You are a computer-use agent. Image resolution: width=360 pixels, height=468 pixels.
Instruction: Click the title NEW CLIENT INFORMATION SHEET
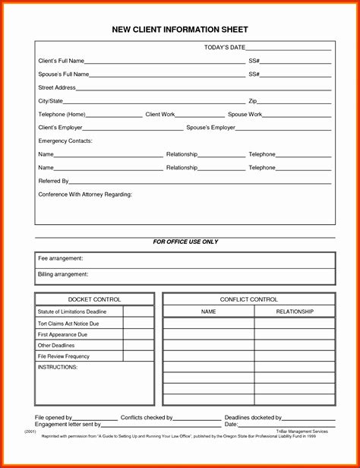point(180,30)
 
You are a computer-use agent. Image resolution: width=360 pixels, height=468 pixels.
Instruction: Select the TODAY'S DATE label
point(225,48)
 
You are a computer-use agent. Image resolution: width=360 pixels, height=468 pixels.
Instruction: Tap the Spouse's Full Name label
point(64,74)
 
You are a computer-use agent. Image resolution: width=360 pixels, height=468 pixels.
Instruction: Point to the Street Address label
point(56,87)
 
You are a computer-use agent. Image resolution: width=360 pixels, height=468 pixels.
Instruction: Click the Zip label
point(253,101)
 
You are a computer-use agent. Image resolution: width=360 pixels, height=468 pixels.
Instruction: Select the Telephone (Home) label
point(62,115)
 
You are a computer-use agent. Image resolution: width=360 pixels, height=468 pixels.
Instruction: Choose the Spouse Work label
point(245,115)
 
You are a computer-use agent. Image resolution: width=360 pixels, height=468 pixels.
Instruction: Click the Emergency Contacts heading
point(65,141)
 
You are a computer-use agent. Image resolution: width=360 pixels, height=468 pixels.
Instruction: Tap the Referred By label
point(53,182)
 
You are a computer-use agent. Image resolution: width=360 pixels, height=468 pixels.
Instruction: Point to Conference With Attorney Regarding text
point(85,194)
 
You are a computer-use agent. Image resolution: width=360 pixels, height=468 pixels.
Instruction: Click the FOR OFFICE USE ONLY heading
point(185,242)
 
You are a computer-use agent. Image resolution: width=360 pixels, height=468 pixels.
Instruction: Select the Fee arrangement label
point(60,258)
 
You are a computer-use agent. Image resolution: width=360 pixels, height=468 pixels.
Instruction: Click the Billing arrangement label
point(63,274)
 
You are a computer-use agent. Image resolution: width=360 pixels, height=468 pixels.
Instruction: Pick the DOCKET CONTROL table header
point(94,299)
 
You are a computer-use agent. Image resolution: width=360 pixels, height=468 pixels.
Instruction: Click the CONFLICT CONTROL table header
point(248,299)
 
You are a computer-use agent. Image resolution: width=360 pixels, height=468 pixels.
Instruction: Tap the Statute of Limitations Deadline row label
point(72,311)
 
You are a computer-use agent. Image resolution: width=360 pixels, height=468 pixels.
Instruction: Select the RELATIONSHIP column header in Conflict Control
point(294,311)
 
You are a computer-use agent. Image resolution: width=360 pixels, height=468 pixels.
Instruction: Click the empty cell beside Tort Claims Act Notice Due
point(138,324)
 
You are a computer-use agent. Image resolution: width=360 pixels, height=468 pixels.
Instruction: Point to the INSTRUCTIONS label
point(58,367)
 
